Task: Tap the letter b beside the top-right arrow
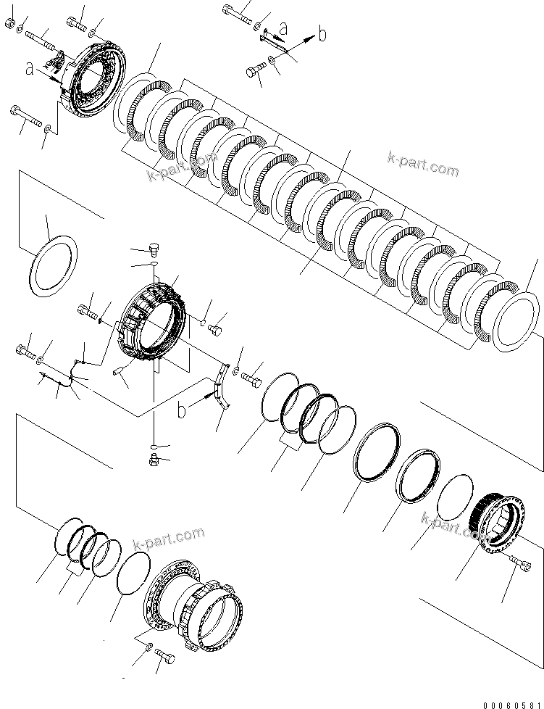pyautogui.click(x=323, y=34)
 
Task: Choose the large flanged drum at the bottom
pyautogui.click(x=193, y=597)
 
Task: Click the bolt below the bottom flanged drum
pyautogui.click(x=164, y=656)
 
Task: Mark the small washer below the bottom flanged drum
pyautogui.click(x=148, y=646)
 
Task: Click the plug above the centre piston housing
pyautogui.click(x=153, y=251)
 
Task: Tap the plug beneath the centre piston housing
pyautogui.click(x=153, y=459)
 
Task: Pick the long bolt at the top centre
pyautogui.click(x=235, y=12)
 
